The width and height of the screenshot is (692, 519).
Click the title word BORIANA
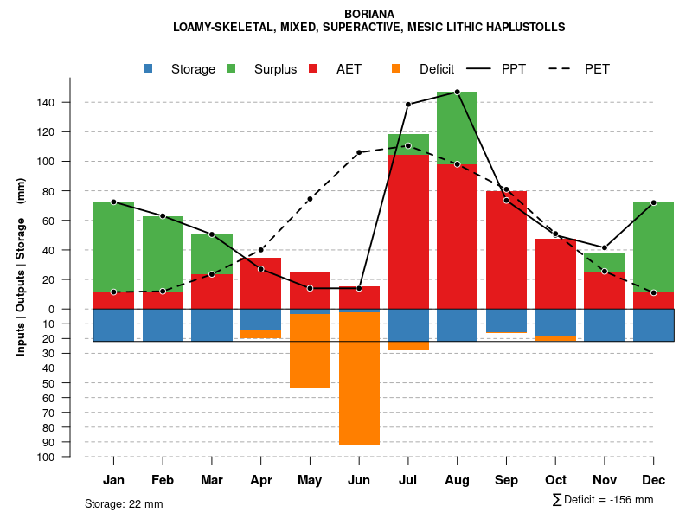pos(369,15)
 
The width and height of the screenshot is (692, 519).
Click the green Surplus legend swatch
pos(232,69)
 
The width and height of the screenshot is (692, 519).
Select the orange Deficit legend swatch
pos(396,69)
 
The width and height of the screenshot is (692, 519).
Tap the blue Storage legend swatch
pos(149,69)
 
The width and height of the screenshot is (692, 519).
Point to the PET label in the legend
pos(597,69)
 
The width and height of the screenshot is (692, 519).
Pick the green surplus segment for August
pos(457,127)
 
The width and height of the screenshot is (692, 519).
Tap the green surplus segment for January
pos(113,247)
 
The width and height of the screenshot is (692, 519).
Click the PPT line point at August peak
pos(457,92)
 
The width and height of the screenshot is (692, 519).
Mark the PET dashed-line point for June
pos(359,152)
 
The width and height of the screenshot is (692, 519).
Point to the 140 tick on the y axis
pos(46,103)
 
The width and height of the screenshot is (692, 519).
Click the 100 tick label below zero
pos(46,457)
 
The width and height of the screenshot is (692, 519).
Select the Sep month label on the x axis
pos(506,480)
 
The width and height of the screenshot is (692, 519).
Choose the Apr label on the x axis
pos(260,480)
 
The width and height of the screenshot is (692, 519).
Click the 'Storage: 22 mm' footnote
pos(124,503)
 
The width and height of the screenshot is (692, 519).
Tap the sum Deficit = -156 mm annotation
pos(602,500)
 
